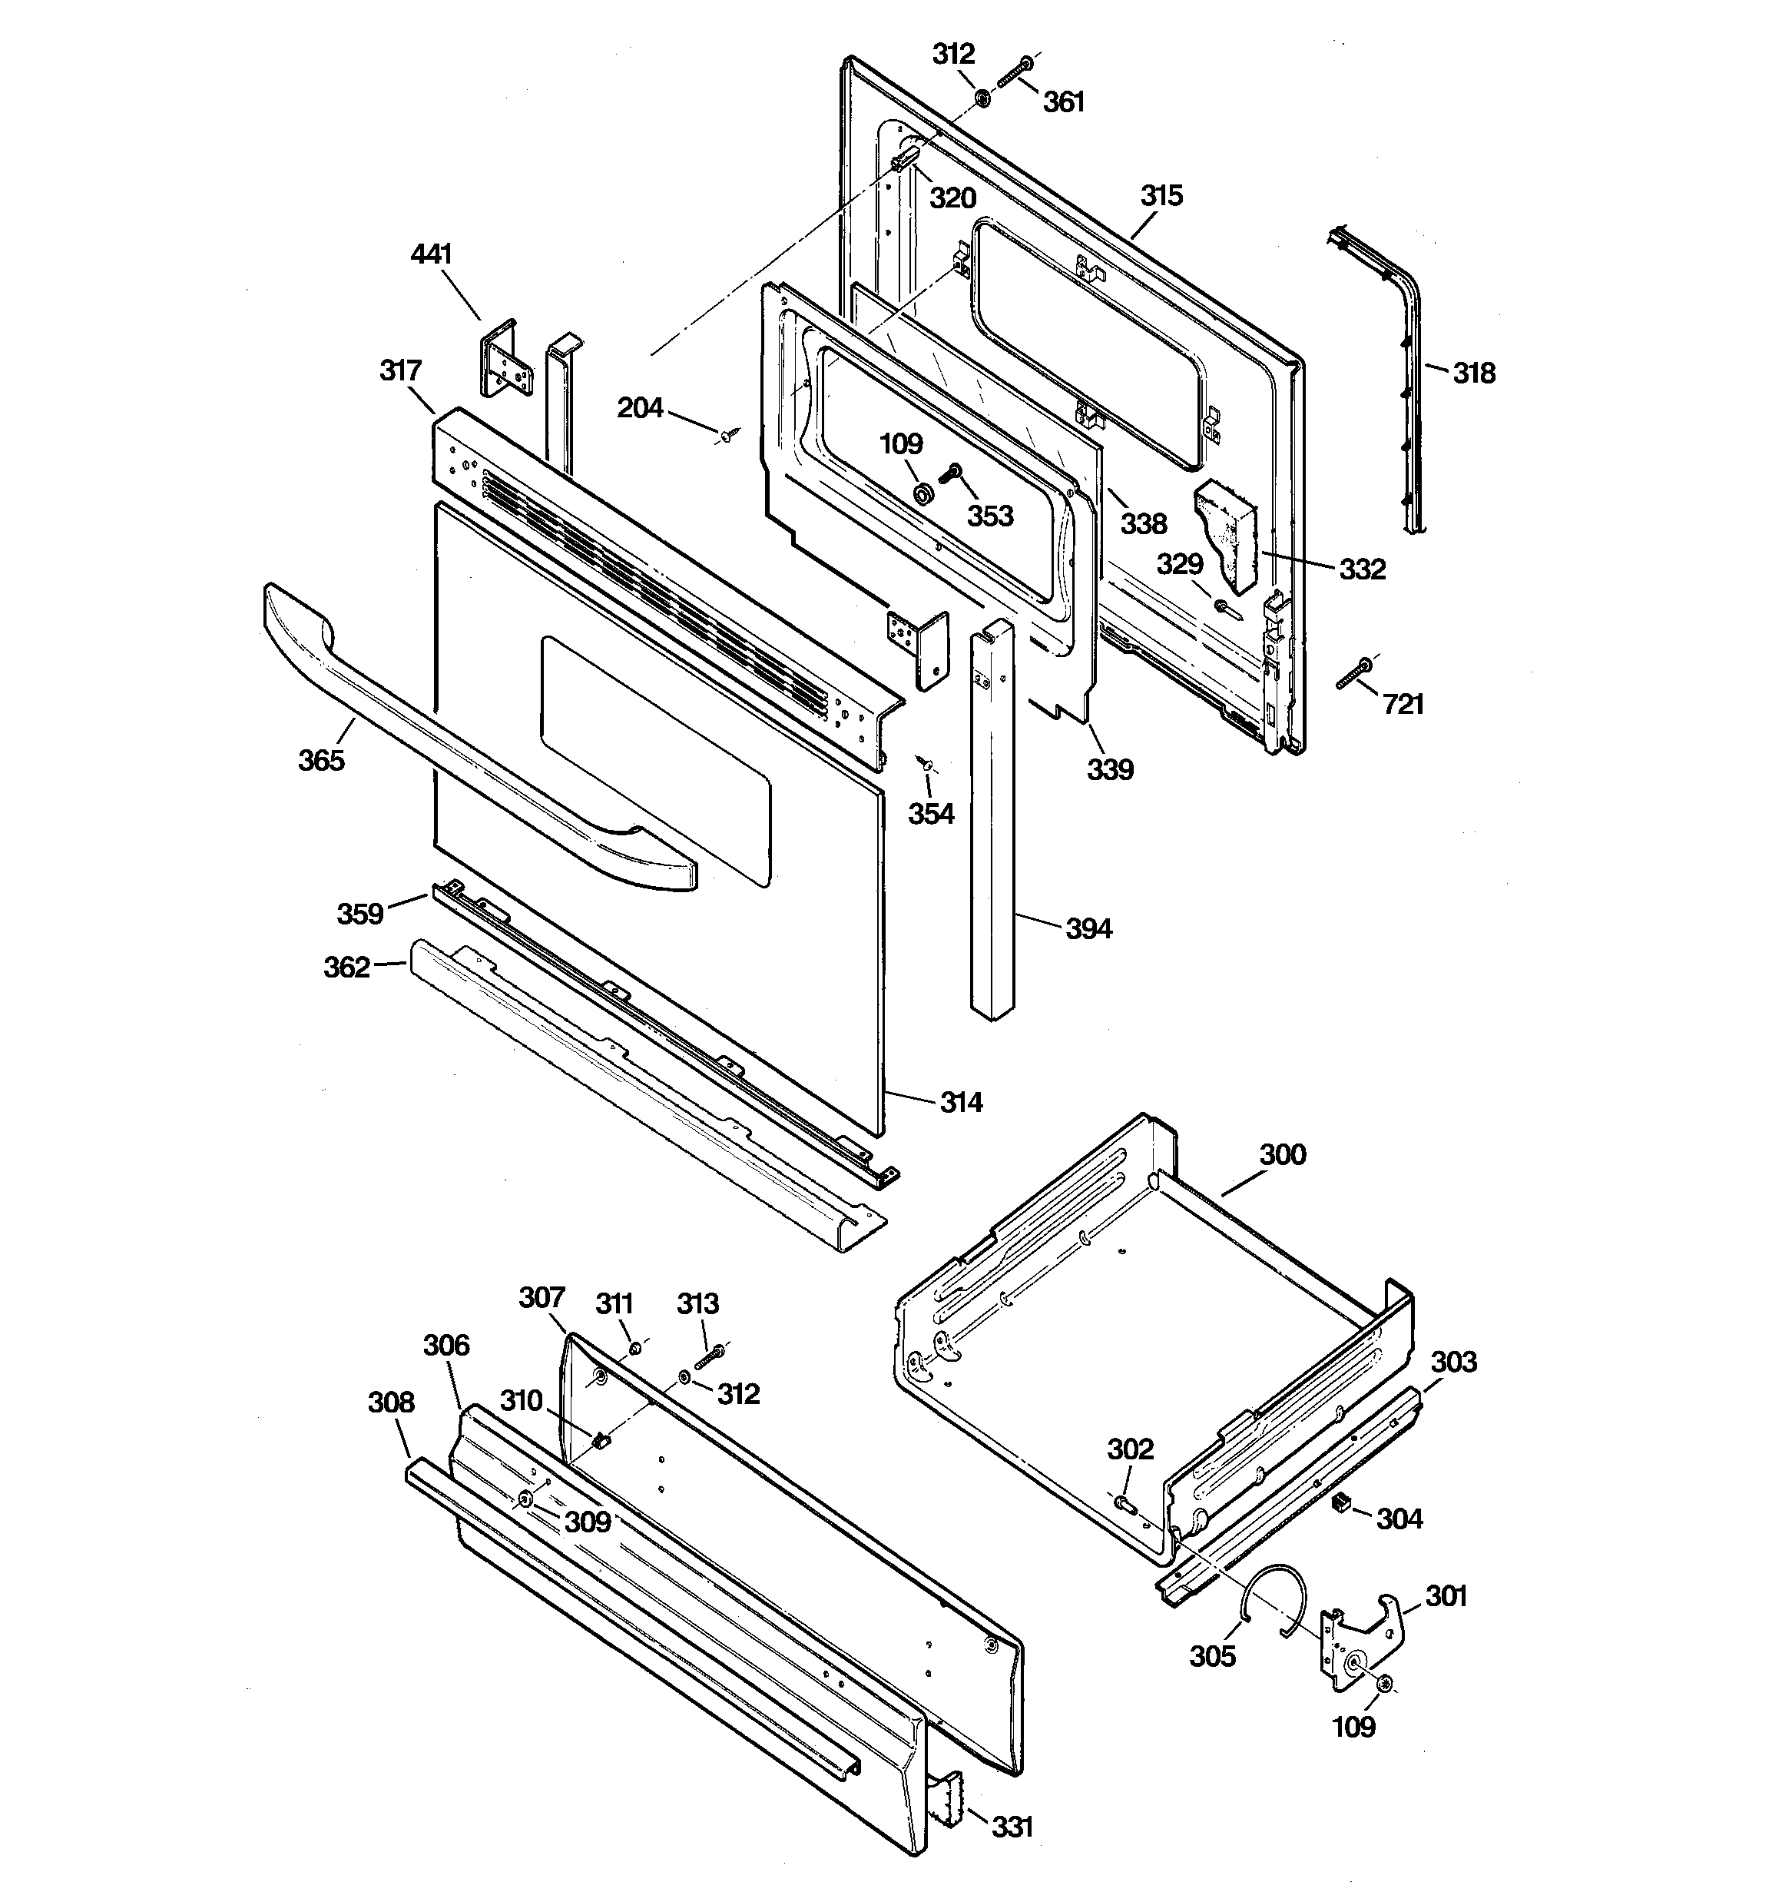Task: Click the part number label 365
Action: point(320,760)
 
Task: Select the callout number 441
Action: point(432,254)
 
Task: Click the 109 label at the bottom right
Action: point(1354,1727)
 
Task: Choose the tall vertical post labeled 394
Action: point(991,823)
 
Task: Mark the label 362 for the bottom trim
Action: point(346,968)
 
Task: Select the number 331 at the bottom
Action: point(1012,1827)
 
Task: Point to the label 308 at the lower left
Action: point(391,1402)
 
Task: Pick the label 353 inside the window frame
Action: point(990,516)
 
